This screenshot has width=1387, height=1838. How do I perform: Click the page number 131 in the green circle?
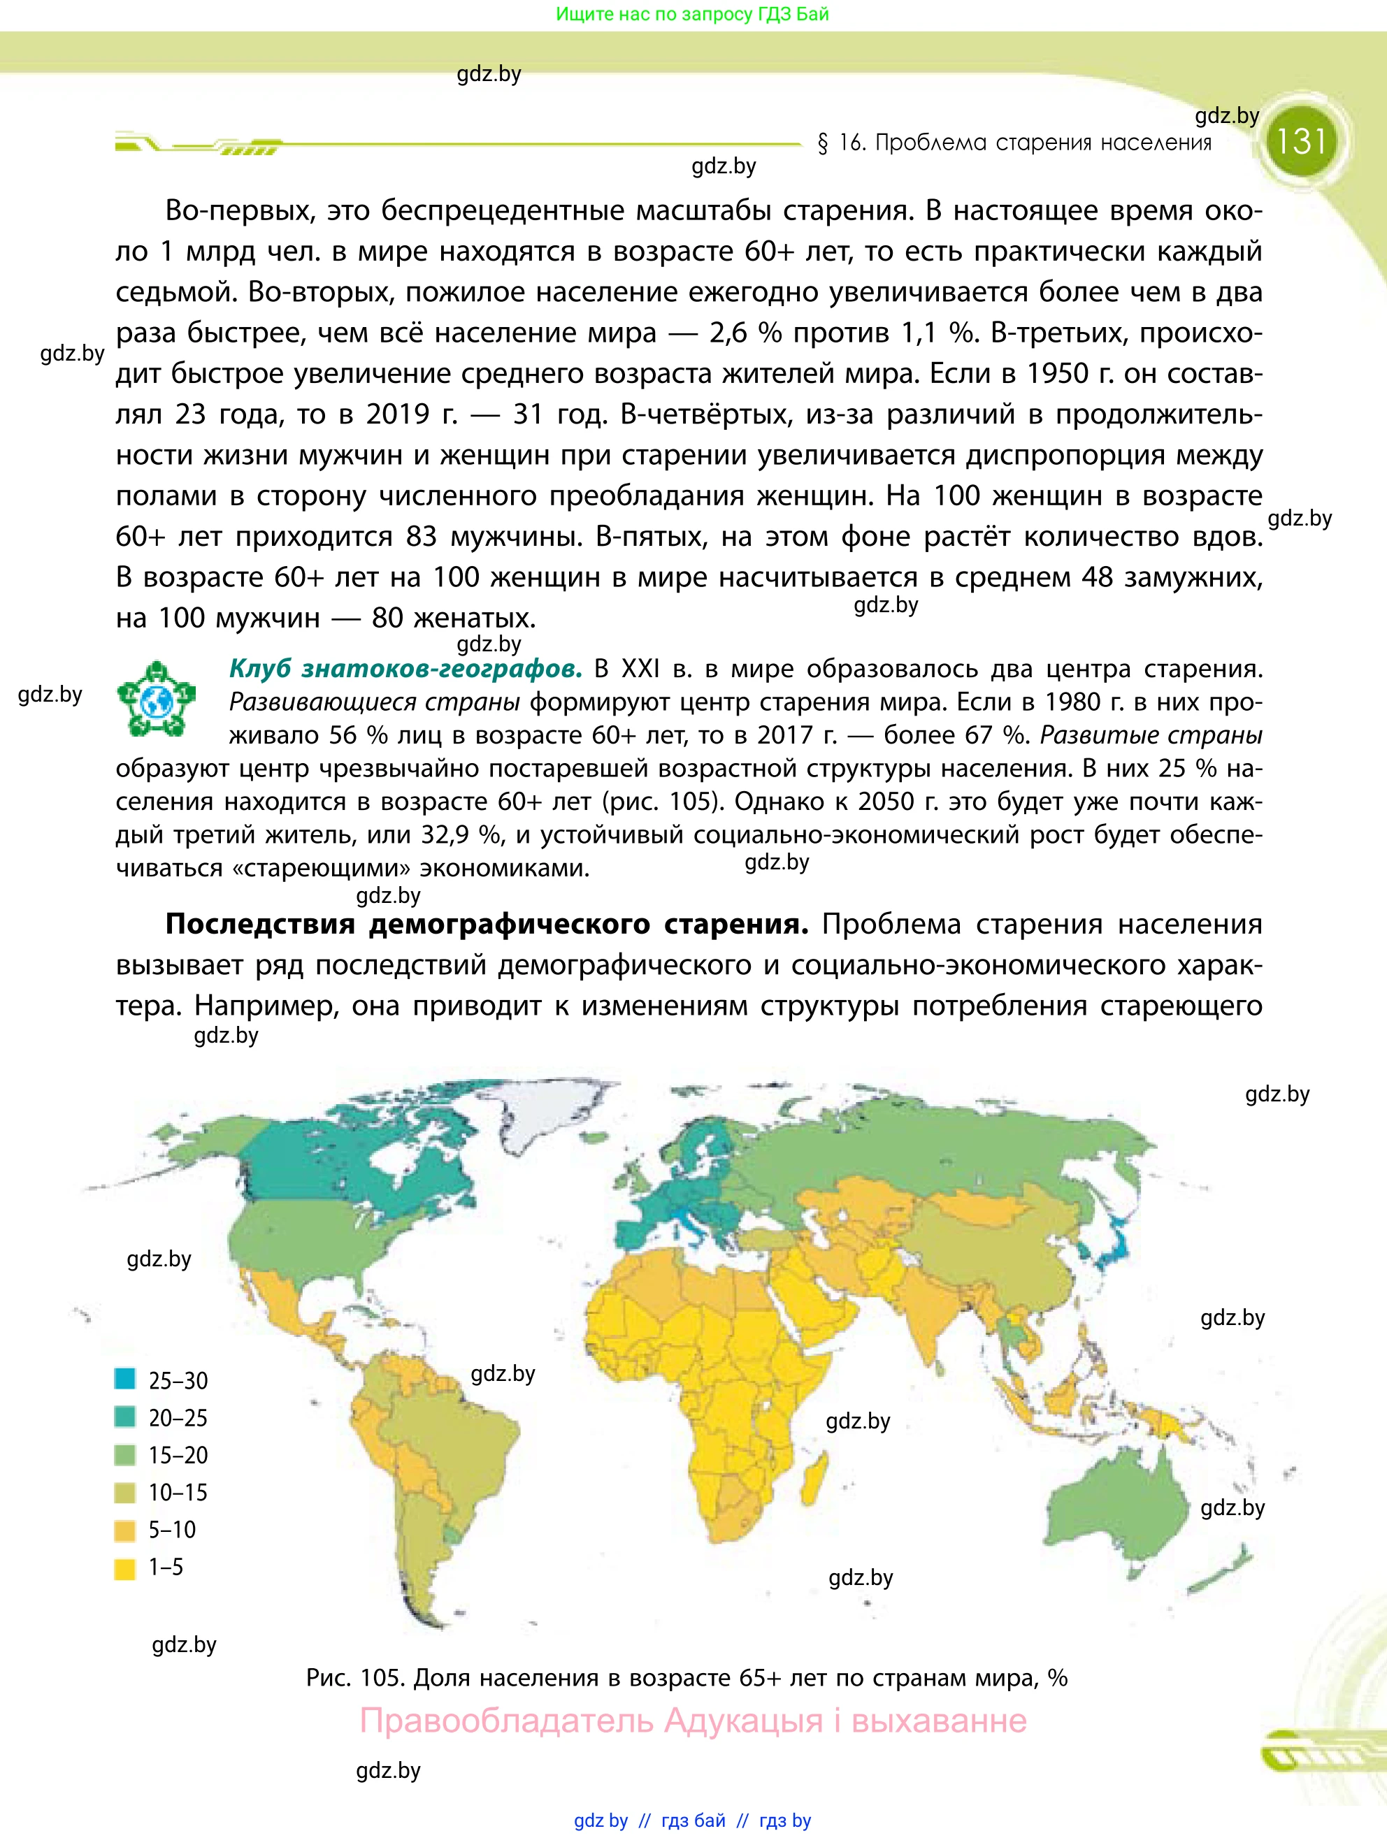pyautogui.click(x=1300, y=140)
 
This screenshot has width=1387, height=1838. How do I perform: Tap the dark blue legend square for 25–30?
pyautogui.click(x=124, y=1378)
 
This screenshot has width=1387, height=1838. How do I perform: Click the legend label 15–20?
pyautogui.click(x=178, y=1454)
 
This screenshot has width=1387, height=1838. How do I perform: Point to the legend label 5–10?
pyautogui.click(x=172, y=1529)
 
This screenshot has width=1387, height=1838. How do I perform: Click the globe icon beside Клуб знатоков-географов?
pyautogui.click(x=156, y=700)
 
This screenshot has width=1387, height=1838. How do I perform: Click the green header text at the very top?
pyautogui.click(x=692, y=14)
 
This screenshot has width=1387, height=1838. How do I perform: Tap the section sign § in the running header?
pyautogui.click(x=823, y=143)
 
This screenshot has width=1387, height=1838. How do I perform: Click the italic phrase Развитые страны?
pyautogui.click(x=1151, y=735)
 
